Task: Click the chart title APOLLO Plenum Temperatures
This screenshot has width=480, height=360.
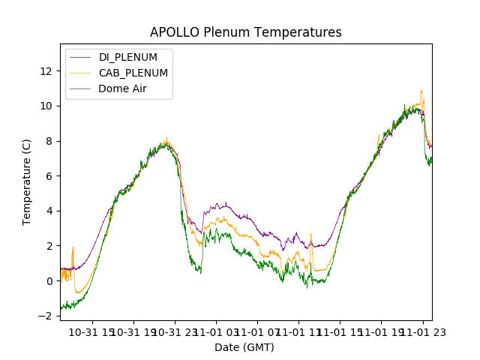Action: point(245,32)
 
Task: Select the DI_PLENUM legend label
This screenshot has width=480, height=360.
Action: point(128,57)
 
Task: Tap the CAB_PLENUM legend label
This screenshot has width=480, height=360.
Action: point(133,73)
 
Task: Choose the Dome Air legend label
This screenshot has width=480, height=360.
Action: point(123,88)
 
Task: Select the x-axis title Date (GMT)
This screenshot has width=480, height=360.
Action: point(244,347)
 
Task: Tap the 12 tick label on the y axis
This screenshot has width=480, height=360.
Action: point(46,70)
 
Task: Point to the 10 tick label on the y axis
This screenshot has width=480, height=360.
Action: point(46,106)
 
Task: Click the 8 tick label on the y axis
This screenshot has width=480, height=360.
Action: point(49,141)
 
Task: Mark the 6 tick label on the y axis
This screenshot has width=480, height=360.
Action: point(49,175)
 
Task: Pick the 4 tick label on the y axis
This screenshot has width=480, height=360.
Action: point(49,211)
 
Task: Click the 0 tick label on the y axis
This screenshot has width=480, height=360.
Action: point(49,281)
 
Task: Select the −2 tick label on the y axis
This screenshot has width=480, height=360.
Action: point(46,316)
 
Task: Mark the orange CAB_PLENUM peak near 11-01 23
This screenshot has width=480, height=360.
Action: point(421,91)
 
